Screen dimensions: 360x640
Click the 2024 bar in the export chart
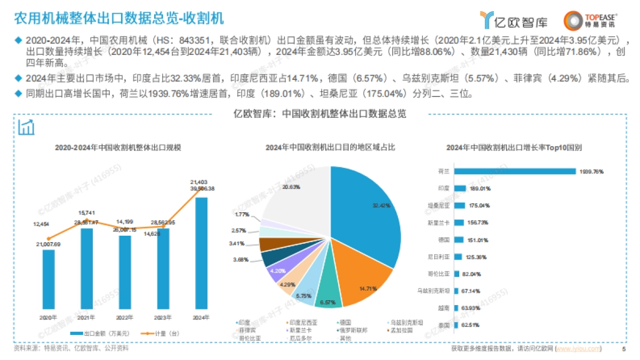(202, 253)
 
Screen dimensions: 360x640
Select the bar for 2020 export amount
(49, 279)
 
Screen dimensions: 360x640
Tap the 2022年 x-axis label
(125, 317)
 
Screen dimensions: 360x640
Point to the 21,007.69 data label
(49, 244)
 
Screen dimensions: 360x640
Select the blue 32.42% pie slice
(368, 213)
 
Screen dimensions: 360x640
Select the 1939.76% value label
(591, 172)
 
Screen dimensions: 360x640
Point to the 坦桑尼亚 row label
(439, 205)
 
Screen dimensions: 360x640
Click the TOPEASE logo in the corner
(590, 20)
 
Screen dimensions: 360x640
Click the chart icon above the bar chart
(26, 127)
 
